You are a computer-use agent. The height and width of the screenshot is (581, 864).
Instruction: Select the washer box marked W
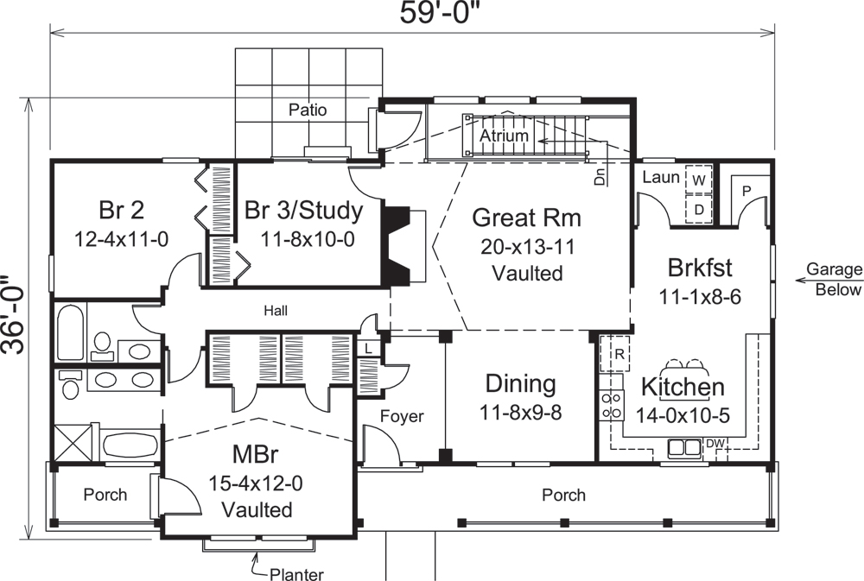(698, 180)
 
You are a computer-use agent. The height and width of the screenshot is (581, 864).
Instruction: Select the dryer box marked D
(698, 209)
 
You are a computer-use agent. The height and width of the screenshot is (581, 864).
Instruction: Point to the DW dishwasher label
(715, 444)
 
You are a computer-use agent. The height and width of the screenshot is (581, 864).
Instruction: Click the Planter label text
(296, 574)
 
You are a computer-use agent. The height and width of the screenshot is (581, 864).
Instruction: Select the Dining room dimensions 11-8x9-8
(520, 412)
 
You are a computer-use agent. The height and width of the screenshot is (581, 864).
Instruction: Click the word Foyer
(403, 417)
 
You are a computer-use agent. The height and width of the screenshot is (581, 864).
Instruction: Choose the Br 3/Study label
(303, 211)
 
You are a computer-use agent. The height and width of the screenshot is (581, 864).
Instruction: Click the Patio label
(308, 110)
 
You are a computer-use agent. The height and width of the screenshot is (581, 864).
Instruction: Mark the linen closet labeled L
(367, 347)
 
